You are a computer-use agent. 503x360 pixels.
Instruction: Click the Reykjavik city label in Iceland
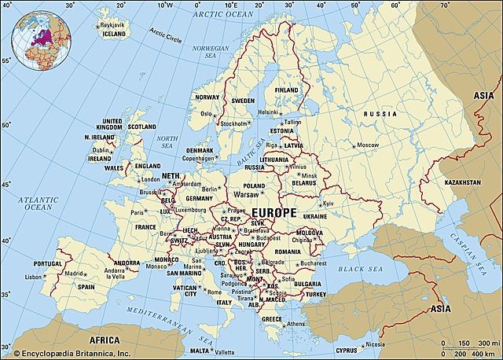click(116, 24)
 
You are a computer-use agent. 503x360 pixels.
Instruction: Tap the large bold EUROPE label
click(274, 213)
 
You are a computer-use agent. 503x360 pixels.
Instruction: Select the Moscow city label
click(368, 145)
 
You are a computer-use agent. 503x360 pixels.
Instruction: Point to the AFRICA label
click(104, 340)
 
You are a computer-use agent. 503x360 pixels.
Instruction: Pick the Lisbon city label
click(34, 277)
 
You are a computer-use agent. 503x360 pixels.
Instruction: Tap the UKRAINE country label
click(315, 215)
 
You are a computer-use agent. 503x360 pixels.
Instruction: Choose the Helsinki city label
click(269, 112)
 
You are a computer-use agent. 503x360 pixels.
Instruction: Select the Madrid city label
click(74, 274)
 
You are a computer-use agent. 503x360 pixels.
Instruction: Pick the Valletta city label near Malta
click(225, 351)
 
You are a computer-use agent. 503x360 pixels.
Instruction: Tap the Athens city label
click(296, 324)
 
